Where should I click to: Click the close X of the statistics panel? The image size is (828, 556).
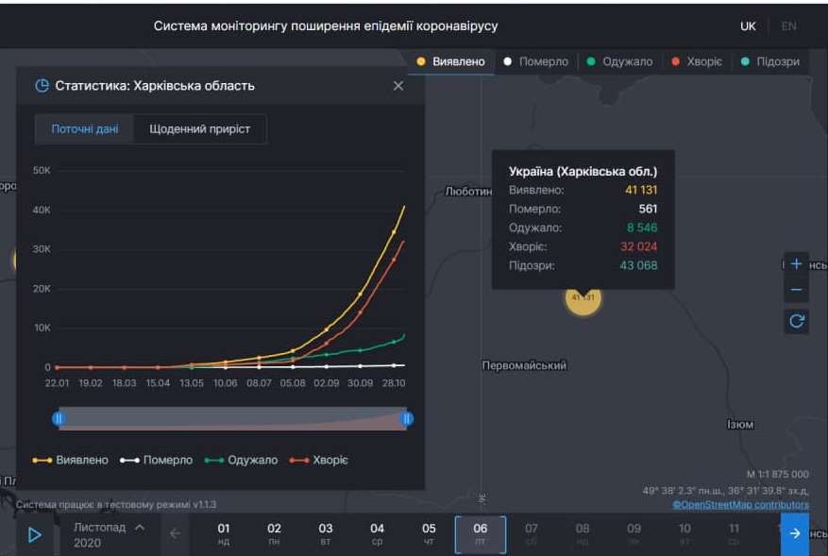[397, 86]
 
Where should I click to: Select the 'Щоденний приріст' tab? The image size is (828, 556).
[199, 129]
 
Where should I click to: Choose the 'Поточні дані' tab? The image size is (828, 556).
[85, 129]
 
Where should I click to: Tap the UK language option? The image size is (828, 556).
[748, 26]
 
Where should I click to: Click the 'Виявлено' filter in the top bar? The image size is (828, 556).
[451, 61]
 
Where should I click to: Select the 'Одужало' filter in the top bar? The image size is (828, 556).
[619, 61]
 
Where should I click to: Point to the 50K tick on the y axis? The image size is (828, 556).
[42, 171]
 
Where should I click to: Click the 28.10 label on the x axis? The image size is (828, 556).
[393, 384]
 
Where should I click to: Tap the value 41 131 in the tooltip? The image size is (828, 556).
[641, 190]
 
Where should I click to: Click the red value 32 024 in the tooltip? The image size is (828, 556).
[639, 246]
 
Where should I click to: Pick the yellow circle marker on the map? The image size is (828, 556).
[583, 297]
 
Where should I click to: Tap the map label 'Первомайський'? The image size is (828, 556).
[524, 365]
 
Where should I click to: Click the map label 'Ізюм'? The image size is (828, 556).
[740, 425]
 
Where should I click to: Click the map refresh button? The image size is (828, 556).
[796, 321]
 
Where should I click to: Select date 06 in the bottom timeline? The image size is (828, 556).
[480, 533]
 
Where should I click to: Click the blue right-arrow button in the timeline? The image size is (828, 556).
[794, 533]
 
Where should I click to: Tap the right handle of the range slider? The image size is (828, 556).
[407, 418]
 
